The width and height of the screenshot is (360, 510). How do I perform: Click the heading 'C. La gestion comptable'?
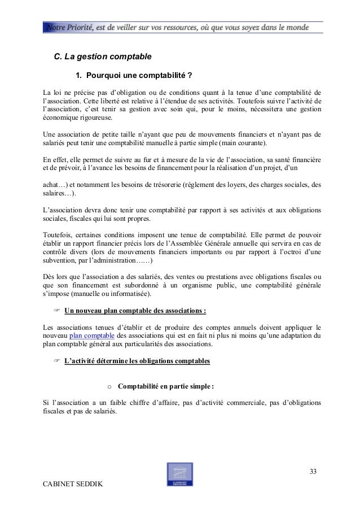[102, 56]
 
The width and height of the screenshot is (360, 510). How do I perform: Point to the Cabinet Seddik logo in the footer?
[179, 475]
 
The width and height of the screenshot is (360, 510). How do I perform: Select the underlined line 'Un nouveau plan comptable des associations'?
[135, 311]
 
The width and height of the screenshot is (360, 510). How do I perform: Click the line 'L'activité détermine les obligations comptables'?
[137, 359]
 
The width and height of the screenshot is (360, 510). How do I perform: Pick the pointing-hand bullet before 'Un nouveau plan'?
[56, 311]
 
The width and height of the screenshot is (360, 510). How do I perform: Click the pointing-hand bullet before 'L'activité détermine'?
[56, 359]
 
